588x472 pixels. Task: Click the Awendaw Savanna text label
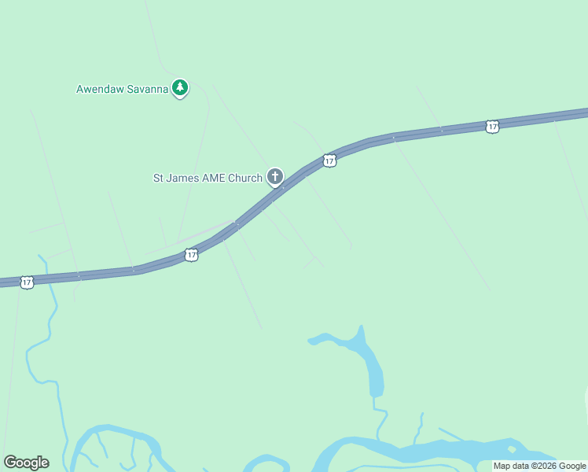[122, 89]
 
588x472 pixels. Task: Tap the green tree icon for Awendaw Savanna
[180, 87]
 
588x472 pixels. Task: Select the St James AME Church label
[208, 178]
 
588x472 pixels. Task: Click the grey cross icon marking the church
[275, 176]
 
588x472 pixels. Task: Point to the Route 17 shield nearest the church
[329, 160]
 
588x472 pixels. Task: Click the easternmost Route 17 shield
[492, 127]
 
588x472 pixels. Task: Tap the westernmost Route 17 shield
[27, 282]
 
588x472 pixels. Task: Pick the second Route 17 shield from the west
[191, 255]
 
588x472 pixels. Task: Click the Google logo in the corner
[26, 463]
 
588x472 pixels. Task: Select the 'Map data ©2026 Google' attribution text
[539, 466]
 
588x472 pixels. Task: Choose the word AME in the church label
[214, 178]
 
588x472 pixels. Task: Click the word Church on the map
[244, 178]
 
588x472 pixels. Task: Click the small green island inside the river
[513, 449]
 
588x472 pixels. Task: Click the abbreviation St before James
[158, 178]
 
